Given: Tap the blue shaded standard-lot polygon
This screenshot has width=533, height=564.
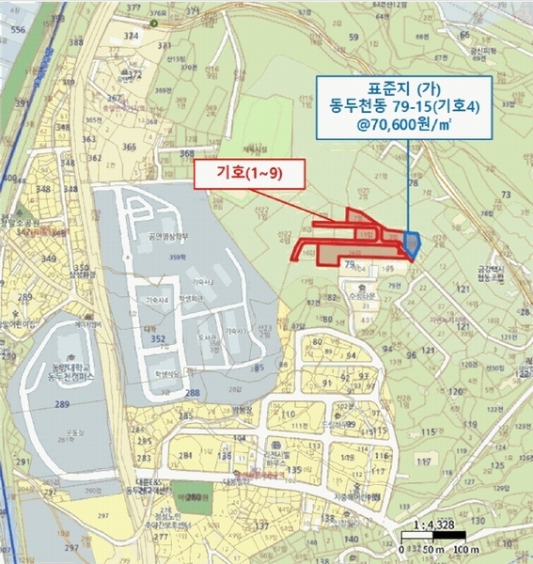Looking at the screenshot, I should click(411, 243).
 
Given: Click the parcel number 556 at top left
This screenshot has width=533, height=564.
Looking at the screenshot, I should click(17, 30).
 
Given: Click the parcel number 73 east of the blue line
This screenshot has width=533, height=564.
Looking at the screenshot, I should click(506, 194).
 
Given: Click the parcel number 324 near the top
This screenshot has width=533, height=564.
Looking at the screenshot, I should click(132, 35).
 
